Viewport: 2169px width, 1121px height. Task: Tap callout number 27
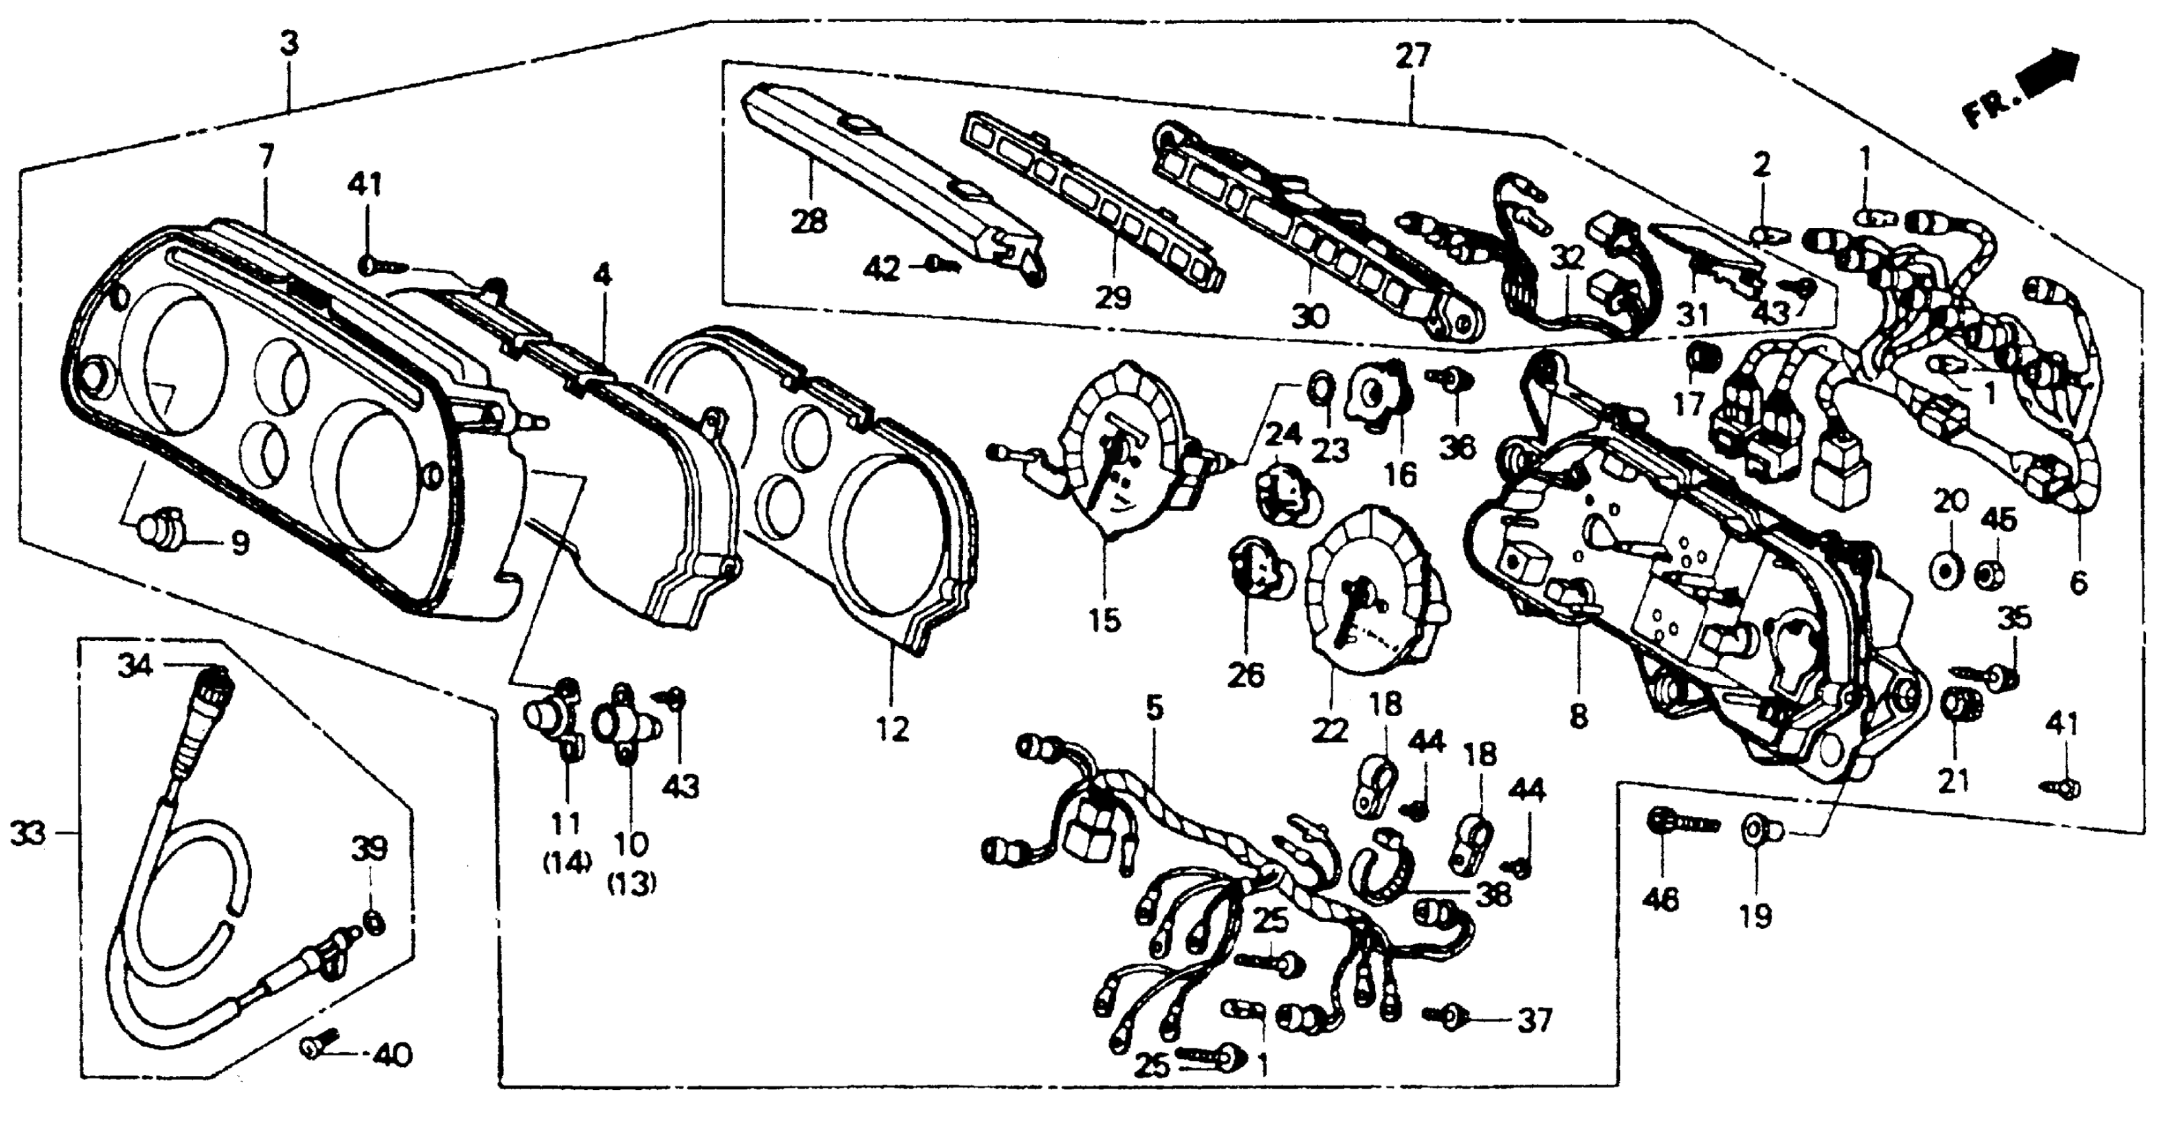point(1412,57)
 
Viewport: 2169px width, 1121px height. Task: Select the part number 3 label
point(289,45)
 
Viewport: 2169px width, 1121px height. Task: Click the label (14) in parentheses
point(567,862)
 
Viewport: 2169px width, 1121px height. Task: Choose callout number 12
point(892,729)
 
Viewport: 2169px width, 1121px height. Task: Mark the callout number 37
point(1534,1021)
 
